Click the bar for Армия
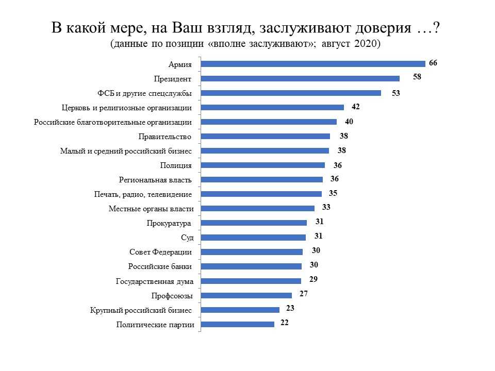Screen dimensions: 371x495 313,64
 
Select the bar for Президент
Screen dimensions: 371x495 300,78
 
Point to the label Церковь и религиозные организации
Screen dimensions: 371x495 127,108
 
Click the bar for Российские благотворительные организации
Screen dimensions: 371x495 269,122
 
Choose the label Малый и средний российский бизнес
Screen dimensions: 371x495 126,151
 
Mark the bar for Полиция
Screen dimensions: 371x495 263,165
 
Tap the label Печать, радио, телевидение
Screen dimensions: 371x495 143,194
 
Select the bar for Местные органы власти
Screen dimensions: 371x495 258,209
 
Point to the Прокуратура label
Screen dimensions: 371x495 170,223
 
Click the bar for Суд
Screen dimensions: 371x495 253,238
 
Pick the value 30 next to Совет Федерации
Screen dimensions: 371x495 316,250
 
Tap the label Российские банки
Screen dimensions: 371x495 160,266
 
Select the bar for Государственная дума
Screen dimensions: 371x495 251,281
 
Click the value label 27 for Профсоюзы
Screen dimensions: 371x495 304,294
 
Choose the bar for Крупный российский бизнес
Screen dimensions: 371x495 240,310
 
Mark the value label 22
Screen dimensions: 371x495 285,323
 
